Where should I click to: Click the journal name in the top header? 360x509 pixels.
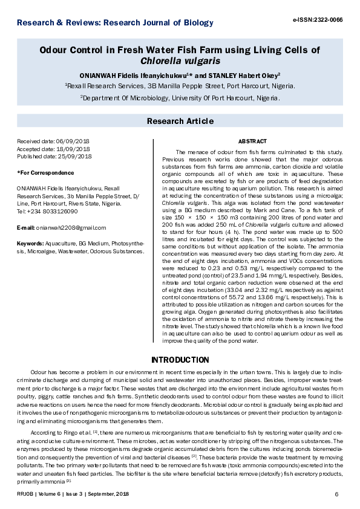(115, 23)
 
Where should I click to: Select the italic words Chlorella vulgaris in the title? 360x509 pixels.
(180, 61)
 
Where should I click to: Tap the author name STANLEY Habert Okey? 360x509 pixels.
(244, 76)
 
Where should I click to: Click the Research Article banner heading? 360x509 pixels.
(180, 122)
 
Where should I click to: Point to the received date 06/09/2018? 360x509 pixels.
(68, 141)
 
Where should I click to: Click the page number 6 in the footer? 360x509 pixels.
(336, 495)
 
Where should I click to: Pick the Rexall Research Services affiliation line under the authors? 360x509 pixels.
(180, 86)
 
